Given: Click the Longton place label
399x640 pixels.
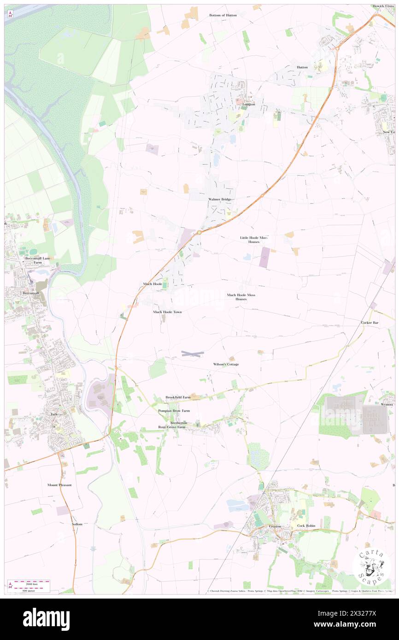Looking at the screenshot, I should click(x=249, y=105).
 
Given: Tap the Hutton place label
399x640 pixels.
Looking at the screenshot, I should click(x=302, y=67).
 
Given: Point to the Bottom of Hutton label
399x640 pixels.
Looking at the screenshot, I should click(x=223, y=15).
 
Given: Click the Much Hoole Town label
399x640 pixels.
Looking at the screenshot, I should click(x=167, y=312).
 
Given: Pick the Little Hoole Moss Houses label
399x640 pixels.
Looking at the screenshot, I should click(x=253, y=240).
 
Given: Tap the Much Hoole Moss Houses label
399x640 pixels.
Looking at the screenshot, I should click(x=241, y=297).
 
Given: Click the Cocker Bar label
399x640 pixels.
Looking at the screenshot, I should click(x=370, y=323).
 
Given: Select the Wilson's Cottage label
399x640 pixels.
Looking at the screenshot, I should click(x=226, y=364).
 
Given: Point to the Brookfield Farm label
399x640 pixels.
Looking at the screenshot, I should click(x=178, y=397).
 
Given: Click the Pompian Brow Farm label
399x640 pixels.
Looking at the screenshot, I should click(x=174, y=410).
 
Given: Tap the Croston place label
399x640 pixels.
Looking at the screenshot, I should click(x=275, y=526).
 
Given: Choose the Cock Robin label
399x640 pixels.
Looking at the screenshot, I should click(x=306, y=526).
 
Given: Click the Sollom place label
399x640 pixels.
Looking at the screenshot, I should click(x=77, y=524).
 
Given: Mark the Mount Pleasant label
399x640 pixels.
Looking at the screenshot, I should click(x=59, y=485).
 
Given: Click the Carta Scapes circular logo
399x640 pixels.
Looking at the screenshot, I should click(x=371, y=567).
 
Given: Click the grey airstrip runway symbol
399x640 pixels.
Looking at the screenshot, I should click(x=192, y=354).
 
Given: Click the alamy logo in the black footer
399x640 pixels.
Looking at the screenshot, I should click(x=46, y=619).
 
